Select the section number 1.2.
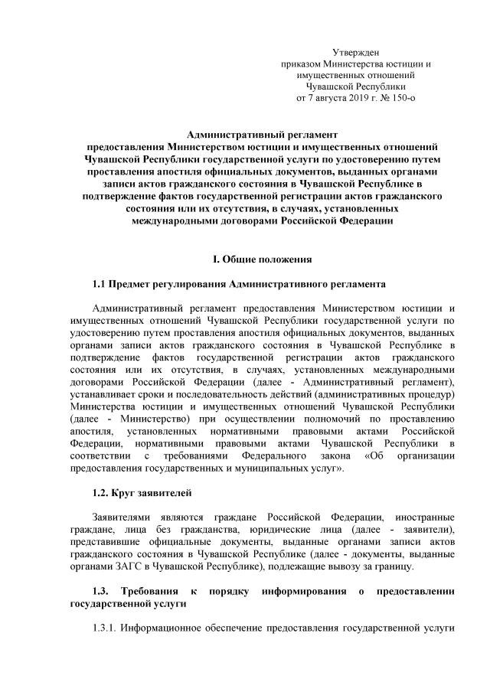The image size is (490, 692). pyautogui.click(x=100, y=490)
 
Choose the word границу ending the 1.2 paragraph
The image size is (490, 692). pyautogui.click(x=393, y=566)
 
